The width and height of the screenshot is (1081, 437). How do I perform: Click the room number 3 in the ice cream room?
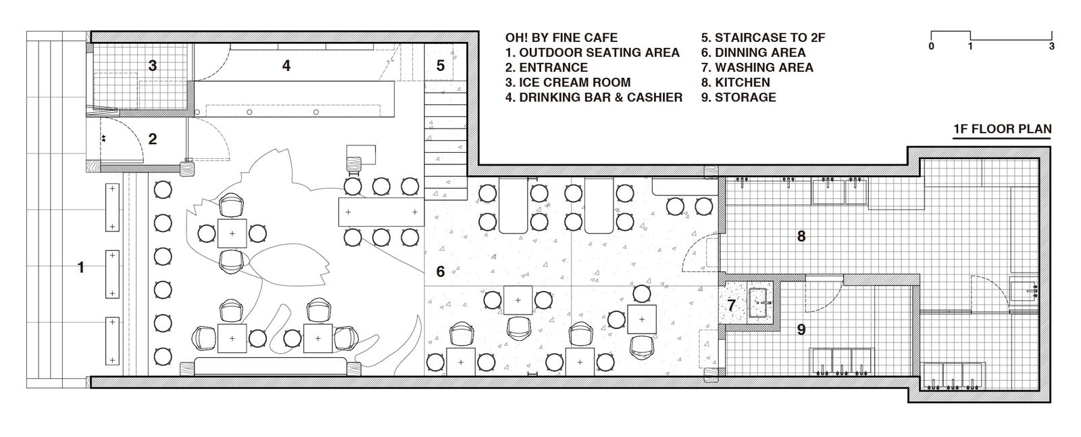(x=153, y=66)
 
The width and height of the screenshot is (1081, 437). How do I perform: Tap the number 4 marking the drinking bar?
(x=286, y=66)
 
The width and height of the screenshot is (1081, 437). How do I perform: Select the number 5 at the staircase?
(x=440, y=66)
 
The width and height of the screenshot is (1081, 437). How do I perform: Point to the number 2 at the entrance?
(x=153, y=139)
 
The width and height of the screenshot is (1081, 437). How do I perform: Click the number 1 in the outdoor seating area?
(x=81, y=267)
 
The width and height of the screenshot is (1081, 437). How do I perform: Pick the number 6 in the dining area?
(x=440, y=272)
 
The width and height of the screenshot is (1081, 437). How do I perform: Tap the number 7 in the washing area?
(x=732, y=306)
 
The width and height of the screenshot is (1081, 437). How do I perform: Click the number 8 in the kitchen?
(x=801, y=236)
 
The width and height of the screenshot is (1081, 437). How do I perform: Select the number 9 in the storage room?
(x=801, y=329)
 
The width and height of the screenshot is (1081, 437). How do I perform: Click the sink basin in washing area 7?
(x=760, y=303)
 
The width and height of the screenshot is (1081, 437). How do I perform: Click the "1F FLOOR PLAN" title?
(x=1003, y=129)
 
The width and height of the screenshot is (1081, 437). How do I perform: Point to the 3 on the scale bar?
(x=1051, y=47)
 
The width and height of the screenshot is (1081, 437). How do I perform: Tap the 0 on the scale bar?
(x=931, y=47)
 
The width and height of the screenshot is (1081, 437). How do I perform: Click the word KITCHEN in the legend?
(x=743, y=82)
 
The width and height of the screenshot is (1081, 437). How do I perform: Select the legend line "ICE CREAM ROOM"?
(x=568, y=82)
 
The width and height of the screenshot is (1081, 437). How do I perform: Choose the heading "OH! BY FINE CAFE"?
(x=561, y=38)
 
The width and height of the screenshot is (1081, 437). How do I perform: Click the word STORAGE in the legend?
(x=745, y=97)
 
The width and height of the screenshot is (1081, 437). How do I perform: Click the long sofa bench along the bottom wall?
(x=271, y=367)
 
